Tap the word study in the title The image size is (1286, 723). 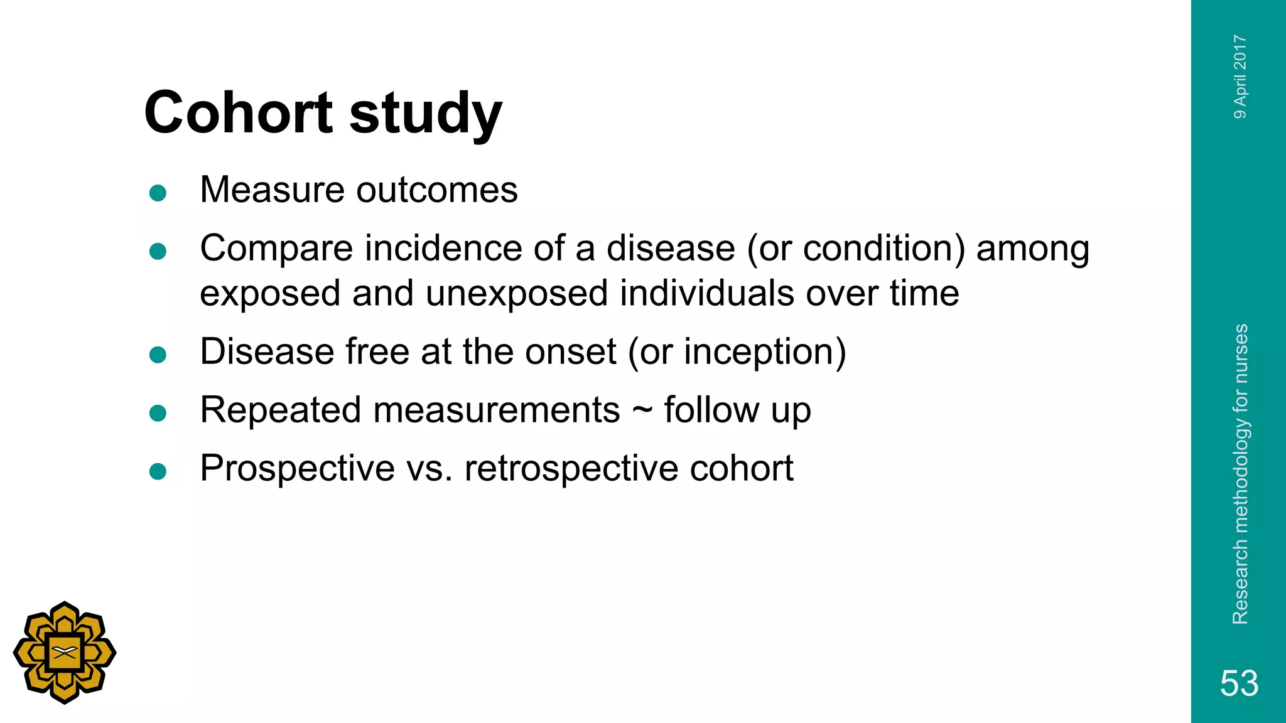click(425, 115)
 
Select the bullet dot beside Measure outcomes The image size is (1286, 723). click(158, 193)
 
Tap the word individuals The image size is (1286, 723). click(707, 293)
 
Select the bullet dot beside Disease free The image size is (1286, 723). click(158, 355)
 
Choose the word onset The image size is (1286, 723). click(571, 351)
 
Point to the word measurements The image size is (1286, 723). click(497, 410)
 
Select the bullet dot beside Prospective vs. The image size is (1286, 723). click(158, 471)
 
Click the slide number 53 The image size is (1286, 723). click(1239, 683)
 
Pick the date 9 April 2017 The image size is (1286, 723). click(1240, 77)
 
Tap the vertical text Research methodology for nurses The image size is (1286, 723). click(1240, 474)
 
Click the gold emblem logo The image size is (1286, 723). click(65, 653)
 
